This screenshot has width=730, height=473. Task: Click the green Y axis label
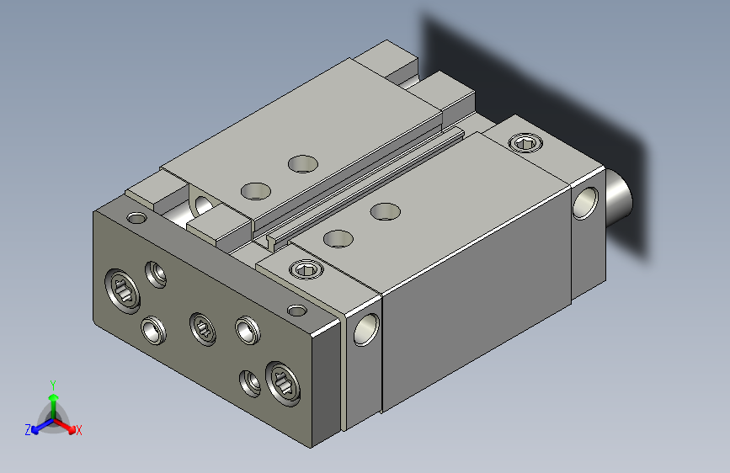point(53,385)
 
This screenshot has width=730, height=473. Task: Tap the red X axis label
point(78,430)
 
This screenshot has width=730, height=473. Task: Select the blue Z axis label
point(28,430)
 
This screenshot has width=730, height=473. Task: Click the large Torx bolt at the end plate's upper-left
point(123,290)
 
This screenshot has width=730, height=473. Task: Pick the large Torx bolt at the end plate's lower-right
point(283,384)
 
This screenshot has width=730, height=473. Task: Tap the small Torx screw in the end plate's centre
point(203,329)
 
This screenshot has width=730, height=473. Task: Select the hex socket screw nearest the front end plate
point(306,269)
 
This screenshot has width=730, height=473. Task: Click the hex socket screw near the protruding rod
point(525,142)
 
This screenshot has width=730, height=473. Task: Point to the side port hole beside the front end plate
point(366,330)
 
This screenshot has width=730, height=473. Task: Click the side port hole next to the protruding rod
point(585,203)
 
